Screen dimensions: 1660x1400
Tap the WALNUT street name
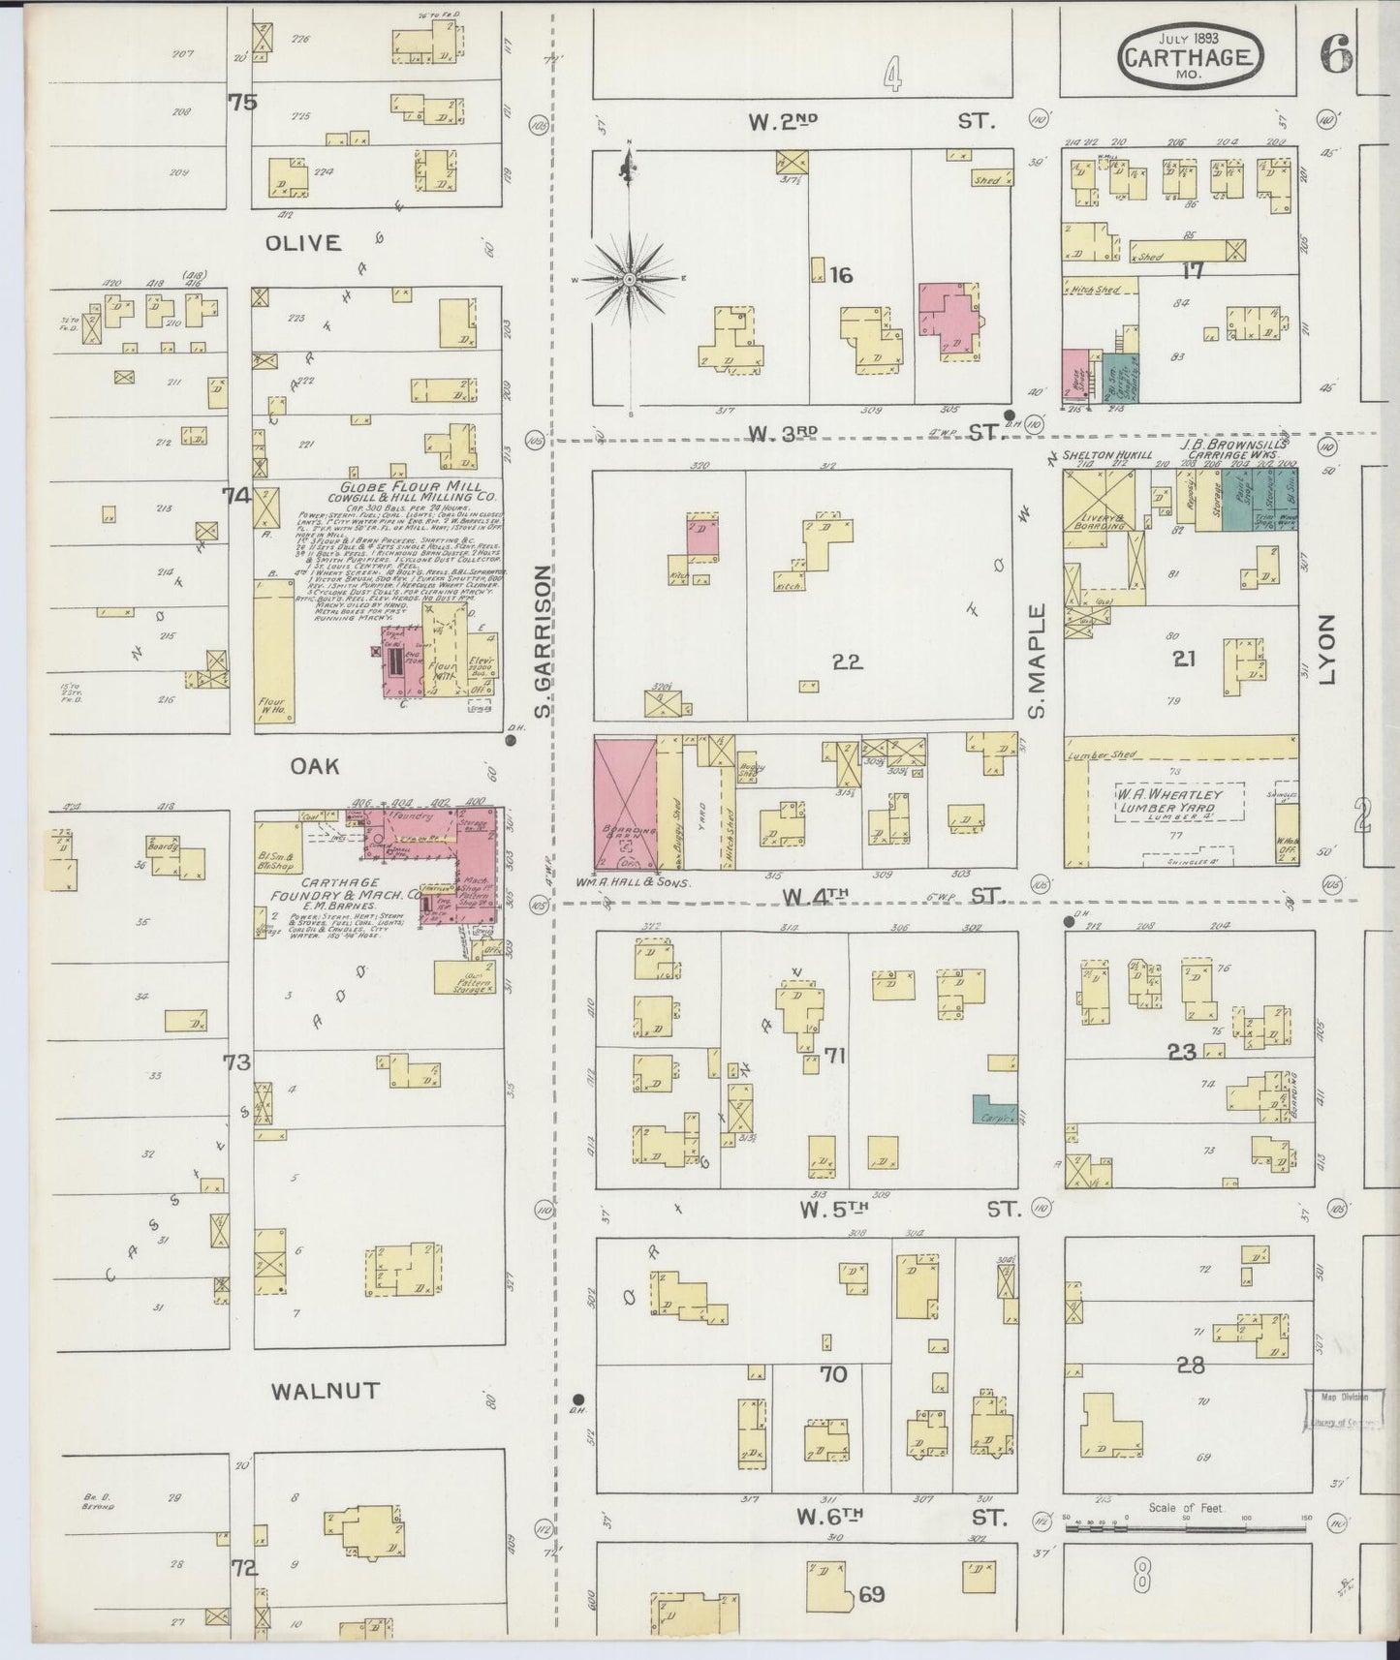[326, 1392]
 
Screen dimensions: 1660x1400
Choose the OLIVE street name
[303, 243]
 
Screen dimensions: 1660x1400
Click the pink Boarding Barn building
[624, 803]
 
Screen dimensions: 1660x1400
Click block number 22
[846, 662]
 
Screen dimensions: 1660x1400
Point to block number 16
[840, 276]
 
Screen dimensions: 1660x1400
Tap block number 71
[834, 1056]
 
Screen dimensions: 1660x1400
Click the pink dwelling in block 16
[949, 321]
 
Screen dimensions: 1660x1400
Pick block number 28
[1191, 1366]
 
